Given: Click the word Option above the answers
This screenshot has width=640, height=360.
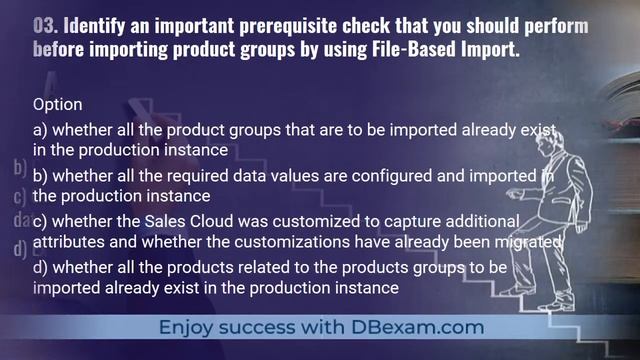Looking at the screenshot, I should (x=57, y=104).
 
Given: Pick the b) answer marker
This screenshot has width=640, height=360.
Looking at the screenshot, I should (x=40, y=176).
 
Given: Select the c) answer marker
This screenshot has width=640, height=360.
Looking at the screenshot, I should (x=40, y=221).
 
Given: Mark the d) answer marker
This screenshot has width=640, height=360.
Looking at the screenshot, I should (x=40, y=267).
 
